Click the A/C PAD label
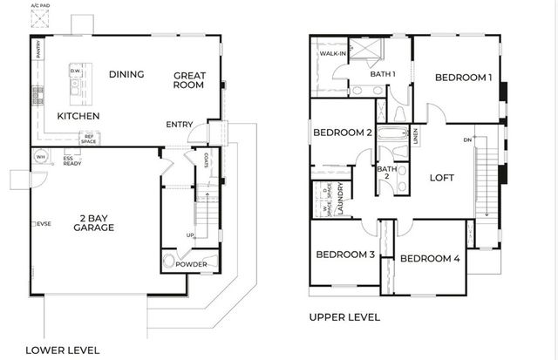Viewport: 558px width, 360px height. pyautogui.click(x=39, y=6)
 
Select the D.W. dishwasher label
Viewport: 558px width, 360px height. pyautogui.click(x=76, y=71)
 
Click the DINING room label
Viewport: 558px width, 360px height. pyautogui.click(x=126, y=74)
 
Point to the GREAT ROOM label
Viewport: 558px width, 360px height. pyautogui.click(x=188, y=80)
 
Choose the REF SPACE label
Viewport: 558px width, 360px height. pyautogui.click(x=88, y=138)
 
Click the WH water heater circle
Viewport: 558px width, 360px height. pyautogui.click(x=40, y=157)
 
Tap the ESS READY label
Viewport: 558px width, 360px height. pyautogui.click(x=73, y=160)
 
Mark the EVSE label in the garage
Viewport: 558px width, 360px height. pyautogui.click(x=42, y=224)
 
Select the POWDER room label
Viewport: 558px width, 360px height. pyautogui.click(x=191, y=264)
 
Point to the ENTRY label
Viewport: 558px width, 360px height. pyautogui.click(x=180, y=124)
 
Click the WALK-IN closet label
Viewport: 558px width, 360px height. pyautogui.click(x=331, y=54)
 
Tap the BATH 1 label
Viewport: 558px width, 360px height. pyautogui.click(x=383, y=74)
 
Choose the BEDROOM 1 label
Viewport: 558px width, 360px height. pyautogui.click(x=464, y=78)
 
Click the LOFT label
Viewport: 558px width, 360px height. pyautogui.click(x=443, y=177)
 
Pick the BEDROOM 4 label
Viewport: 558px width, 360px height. pyautogui.click(x=430, y=258)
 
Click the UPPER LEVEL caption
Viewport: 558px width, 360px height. pyautogui.click(x=344, y=317)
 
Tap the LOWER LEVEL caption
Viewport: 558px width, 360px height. pyautogui.click(x=62, y=350)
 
